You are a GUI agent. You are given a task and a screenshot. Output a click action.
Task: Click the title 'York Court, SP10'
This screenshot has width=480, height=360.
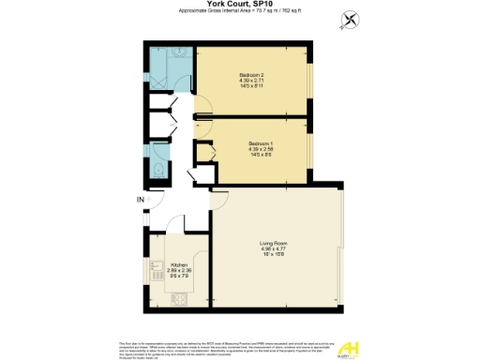click(239, 5)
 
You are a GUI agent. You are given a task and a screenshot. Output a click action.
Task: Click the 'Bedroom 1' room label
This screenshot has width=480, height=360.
click(249, 143)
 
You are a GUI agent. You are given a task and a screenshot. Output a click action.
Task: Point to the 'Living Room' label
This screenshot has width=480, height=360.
click(273, 244)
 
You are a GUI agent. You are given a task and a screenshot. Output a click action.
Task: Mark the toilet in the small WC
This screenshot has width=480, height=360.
click(159, 170)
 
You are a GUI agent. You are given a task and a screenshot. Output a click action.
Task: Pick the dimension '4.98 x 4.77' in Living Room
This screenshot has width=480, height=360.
click(273, 250)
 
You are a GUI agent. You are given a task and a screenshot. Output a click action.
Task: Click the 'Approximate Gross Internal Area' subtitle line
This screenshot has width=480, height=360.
click(239, 12)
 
